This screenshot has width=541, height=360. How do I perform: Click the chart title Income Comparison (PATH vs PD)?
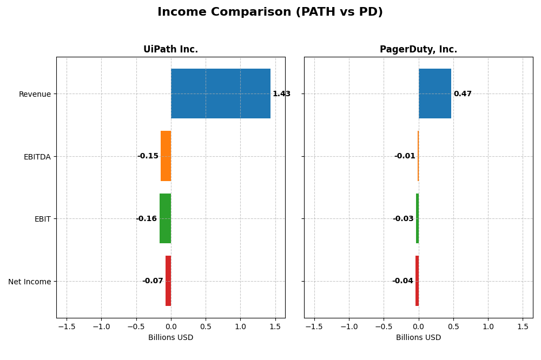270,12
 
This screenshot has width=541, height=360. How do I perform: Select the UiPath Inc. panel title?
170,50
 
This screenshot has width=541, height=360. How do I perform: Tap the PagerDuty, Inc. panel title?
418,50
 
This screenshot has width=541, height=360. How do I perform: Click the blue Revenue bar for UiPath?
221,94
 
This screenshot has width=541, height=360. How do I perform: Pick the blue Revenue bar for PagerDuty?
434,94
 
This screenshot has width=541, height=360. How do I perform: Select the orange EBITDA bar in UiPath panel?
166,156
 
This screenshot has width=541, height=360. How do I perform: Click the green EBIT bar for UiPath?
165,218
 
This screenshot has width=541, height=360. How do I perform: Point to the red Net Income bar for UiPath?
168,281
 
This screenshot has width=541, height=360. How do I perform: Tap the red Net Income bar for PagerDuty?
417,281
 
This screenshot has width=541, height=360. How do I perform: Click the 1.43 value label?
281,94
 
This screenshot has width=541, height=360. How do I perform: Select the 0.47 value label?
463,94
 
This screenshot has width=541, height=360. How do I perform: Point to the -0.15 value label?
148,156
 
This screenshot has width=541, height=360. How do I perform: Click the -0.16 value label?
146,219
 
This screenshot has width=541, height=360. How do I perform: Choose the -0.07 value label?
153,281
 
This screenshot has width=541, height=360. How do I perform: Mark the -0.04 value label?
403,281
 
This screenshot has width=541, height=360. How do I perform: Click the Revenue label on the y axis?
35,94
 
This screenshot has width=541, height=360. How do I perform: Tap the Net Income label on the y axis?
30,282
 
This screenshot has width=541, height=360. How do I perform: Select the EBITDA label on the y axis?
37,157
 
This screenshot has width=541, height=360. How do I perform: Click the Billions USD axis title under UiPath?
170,338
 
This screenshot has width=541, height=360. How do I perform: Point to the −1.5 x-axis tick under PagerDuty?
314,326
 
